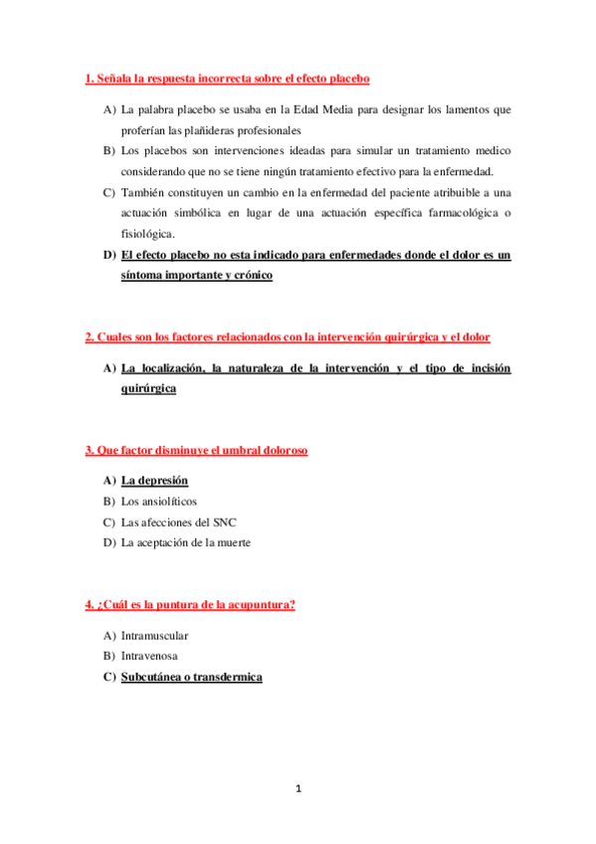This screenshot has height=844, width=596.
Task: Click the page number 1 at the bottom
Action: pyautogui.click(x=298, y=789)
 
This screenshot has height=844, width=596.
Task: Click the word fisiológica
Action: pyautogui.click(x=147, y=234)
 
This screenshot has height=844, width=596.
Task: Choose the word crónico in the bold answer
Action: pyautogui.click(x=248, y=276)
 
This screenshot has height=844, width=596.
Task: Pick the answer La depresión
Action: pyautogui.click(x=154, y=481)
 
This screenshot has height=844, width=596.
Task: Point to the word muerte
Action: pyautogui.click(x=233, y=542)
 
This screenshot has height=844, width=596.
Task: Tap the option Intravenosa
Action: pyautogui.click(x=151, y=656)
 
